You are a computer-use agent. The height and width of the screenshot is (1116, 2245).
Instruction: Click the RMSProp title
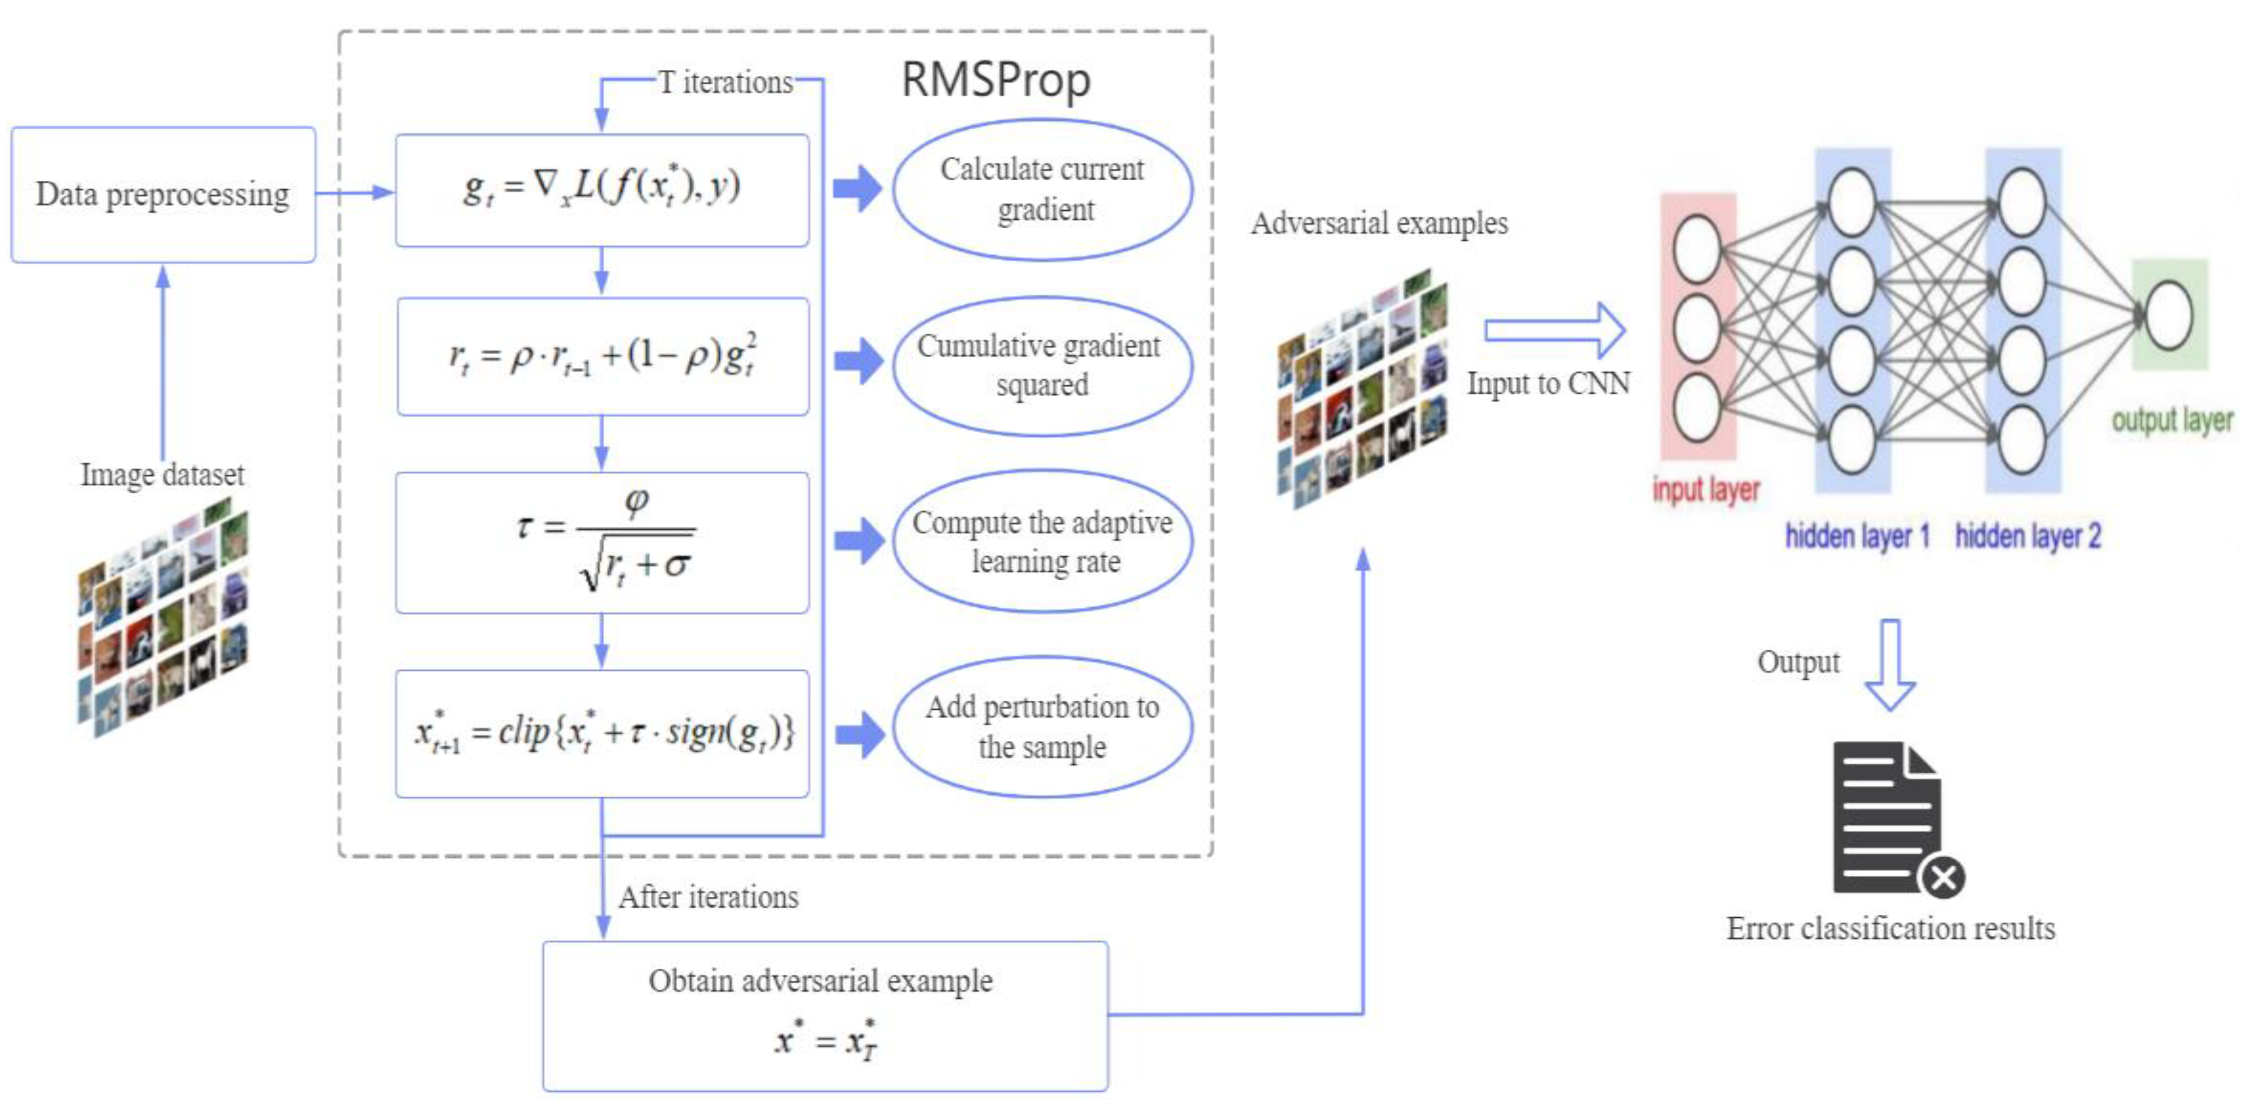pyautogui.click(x=995, y=80)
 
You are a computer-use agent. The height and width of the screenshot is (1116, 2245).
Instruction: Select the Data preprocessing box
pyautogui.click(x=163, y=194)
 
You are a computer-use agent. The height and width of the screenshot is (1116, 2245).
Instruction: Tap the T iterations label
pyautogui.click(x=725, y=83)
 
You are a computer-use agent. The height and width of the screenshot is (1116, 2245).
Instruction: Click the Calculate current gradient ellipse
pyautogui.click(x=1042, y=189)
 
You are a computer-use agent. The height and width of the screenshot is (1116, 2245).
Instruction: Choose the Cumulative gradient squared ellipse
pyautogui.click(x=1042, y=365)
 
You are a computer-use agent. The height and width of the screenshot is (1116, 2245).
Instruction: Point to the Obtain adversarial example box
pyautogui.click(x=824, y=1015)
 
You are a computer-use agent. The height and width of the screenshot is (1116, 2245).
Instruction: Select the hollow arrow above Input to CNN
pyautogui.click(x=1555, y=330)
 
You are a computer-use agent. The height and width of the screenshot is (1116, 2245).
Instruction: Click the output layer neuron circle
pyautogui.click(x=2169, y=315)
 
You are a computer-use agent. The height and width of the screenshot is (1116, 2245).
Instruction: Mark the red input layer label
pyautogui.click(x=1706, y=490)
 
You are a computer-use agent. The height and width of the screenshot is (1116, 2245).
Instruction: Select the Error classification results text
pyautogui.click(x=1891, y=929)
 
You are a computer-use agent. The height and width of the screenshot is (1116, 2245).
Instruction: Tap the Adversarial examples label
pyautogui.click(x=1379, y=224)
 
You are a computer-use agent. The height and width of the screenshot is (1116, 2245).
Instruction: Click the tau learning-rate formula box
pyautogui.click(x=601, y=542)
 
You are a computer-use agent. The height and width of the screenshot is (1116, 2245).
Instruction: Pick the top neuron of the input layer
pyautogui.click(x=1696, y=248)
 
